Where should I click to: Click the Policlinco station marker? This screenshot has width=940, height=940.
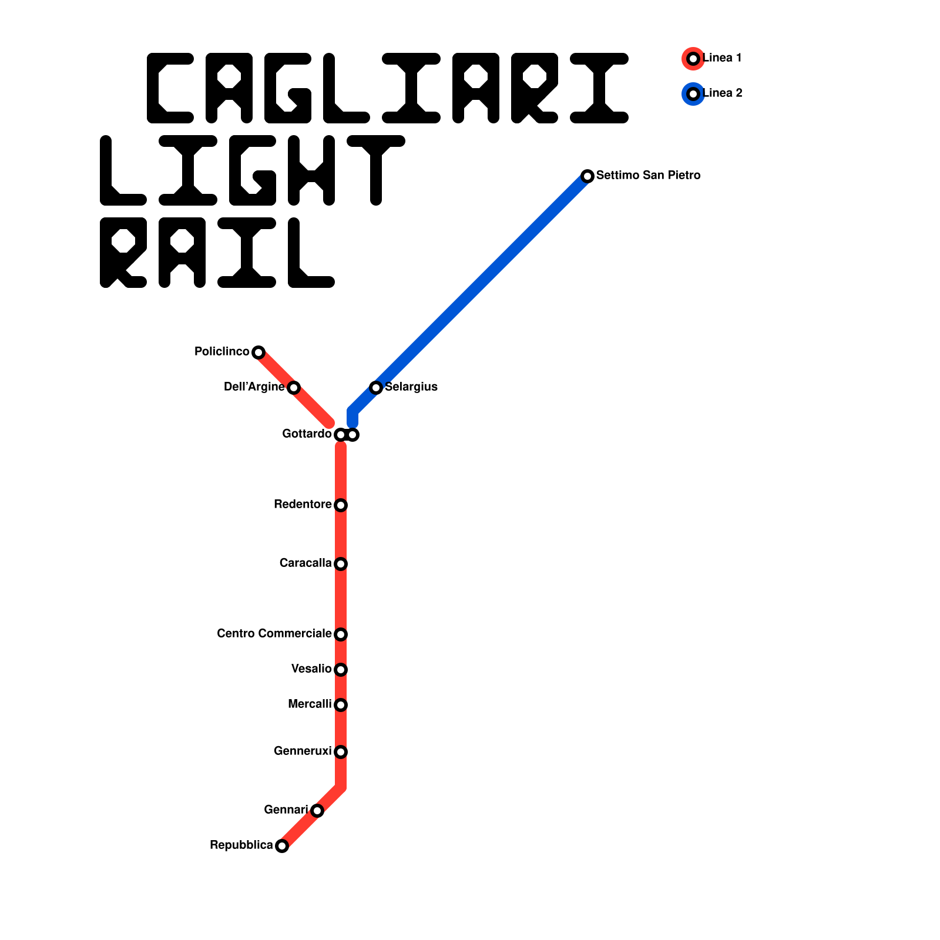258,352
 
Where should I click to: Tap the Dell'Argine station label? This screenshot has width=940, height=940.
254,387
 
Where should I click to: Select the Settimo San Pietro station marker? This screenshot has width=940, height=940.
587,176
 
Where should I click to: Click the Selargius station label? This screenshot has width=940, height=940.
411,387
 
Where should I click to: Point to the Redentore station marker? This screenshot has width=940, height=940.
341,505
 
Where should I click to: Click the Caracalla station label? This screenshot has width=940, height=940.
305,563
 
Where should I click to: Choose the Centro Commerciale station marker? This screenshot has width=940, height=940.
341,634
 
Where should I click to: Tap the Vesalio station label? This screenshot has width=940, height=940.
311,669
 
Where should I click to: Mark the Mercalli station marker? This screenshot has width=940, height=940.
341,705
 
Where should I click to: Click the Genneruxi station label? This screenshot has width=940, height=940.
302,751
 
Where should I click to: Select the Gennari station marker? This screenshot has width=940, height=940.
317,811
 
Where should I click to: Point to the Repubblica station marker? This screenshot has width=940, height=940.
282,846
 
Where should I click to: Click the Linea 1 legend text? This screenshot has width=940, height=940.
722,58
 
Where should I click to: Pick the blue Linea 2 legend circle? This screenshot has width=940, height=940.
693,94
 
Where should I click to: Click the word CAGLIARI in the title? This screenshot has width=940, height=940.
388,88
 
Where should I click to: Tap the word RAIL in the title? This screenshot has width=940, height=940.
217,253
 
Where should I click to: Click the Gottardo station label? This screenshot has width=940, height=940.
307,434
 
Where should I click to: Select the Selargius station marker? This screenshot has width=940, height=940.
376,388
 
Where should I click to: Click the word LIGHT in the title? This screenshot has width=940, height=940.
253,170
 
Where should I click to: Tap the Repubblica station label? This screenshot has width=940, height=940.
241,845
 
